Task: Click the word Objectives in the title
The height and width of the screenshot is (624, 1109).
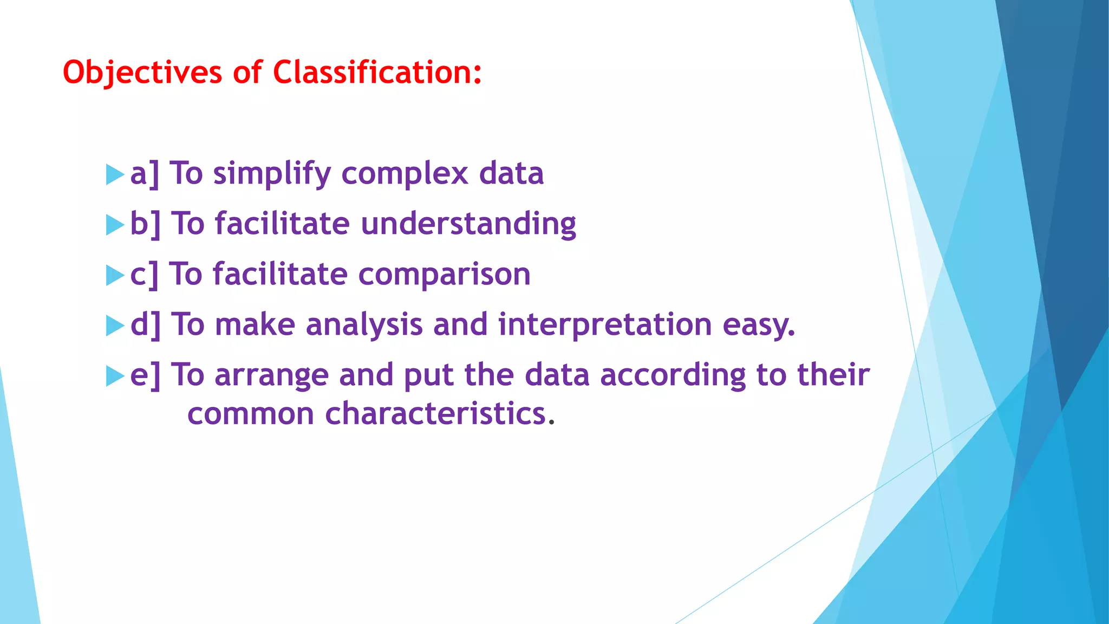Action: click(x=142, y=73)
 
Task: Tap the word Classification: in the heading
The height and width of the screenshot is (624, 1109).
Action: click(x=377, y=73)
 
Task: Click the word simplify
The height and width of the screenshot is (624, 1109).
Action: click(x=272, y=174)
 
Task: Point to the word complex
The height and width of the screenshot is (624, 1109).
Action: click(x=405, y=174)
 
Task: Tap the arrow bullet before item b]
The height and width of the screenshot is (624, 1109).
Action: click(x=115, y=225)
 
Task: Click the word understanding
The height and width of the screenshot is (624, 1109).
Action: click(x=468, y=224)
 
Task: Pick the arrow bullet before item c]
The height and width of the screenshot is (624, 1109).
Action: click(x=115, y=275)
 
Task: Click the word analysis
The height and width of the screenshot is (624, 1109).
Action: click(x=364, y=325)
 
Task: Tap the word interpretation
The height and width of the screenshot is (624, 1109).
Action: click(x=605, y=325)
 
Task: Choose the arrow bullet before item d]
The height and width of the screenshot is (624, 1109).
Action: click(x=115, y=326)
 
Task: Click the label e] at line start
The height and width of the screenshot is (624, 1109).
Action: click(x=145, y=375)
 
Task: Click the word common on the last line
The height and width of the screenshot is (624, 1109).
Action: click(x=251, y=414)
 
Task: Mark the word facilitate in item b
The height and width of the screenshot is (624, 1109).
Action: click(x=282, y=224)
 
